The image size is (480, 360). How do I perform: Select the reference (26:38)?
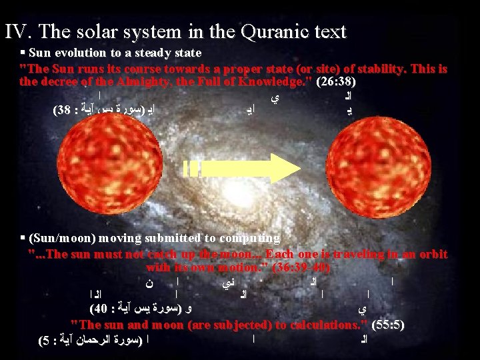(337, 83)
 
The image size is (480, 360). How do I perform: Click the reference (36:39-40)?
(297, 267)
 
